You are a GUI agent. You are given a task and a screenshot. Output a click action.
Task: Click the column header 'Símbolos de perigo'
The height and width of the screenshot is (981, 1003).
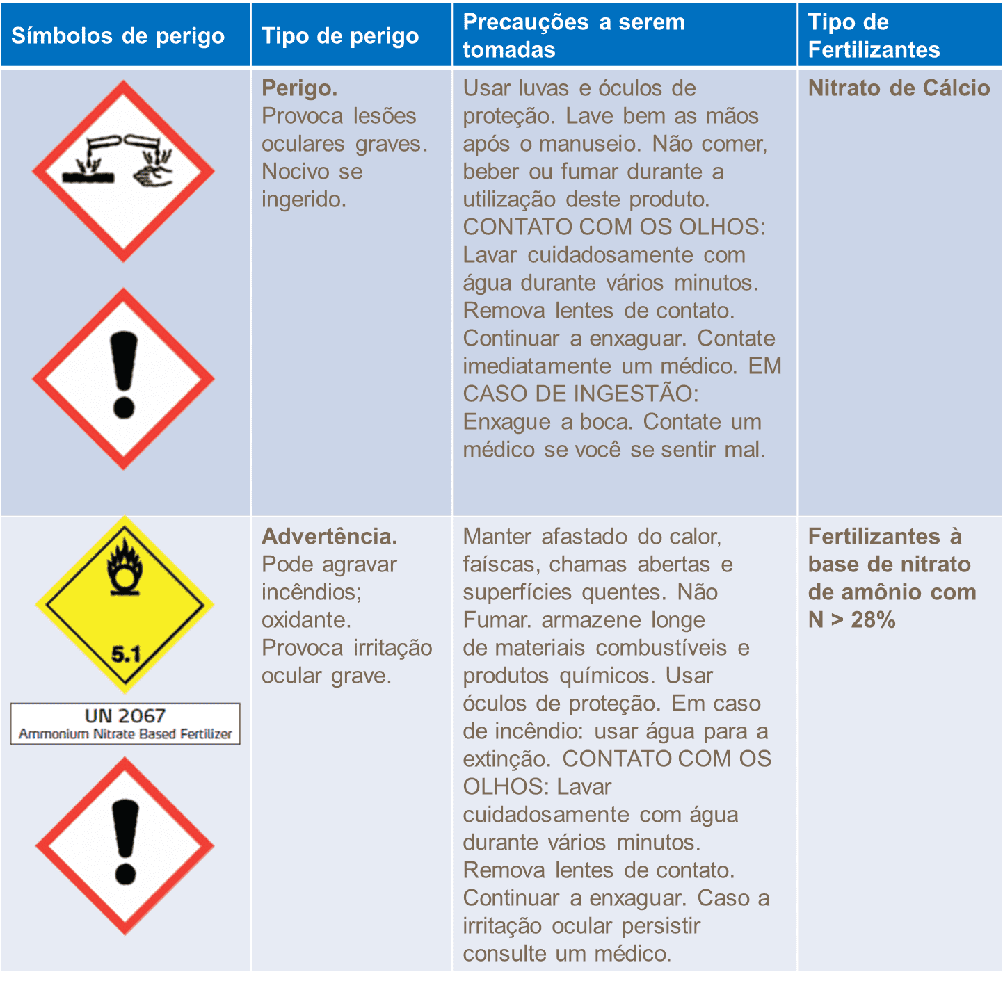click(x=118, y=36)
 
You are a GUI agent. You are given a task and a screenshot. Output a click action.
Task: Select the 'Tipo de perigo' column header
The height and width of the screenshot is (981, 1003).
click(x=340, y=36)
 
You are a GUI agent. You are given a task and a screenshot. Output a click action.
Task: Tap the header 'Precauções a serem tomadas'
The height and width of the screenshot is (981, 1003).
click(x=574, y=35)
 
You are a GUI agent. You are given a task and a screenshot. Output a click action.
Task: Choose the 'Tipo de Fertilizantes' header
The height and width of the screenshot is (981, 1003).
click(x=874, y=35)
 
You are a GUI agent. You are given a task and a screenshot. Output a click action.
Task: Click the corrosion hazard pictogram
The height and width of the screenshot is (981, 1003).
click(x=123, y=171)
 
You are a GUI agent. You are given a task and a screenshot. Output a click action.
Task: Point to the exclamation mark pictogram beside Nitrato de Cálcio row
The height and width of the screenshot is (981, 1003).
click(x=123, y=379)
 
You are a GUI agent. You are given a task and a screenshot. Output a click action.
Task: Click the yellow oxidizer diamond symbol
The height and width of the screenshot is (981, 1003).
click(x=125, y=605)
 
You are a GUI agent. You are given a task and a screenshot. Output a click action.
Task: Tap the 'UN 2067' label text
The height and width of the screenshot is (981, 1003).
click(x=125, y=715)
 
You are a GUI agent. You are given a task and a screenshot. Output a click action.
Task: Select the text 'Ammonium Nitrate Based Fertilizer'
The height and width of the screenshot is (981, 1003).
click(x=125, y=733)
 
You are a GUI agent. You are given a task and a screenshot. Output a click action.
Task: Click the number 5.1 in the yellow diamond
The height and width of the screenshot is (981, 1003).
click(x=126, y=654)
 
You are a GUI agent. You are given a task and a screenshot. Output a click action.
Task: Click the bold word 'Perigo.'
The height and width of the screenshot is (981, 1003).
click(x=300, y=88)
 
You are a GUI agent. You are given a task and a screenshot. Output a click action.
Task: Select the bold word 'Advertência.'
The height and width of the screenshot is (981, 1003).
click(x=330, y=536)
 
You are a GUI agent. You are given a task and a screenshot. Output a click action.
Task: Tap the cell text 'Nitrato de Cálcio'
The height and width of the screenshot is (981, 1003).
click(x=899, y=88)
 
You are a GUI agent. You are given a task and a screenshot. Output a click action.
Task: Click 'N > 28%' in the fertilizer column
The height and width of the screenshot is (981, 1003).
click(x=851, y=620)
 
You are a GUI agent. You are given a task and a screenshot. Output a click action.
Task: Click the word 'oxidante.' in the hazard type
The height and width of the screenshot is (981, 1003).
click(x=306, y=620)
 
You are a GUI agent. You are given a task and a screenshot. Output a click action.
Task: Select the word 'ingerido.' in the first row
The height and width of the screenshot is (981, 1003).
click(x=303, y=200)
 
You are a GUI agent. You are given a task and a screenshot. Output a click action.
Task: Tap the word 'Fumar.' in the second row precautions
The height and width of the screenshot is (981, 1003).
click(x=497, y=620)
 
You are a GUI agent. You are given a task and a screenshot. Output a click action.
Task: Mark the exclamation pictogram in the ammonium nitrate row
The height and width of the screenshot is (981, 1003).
click(x=125, y=847)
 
